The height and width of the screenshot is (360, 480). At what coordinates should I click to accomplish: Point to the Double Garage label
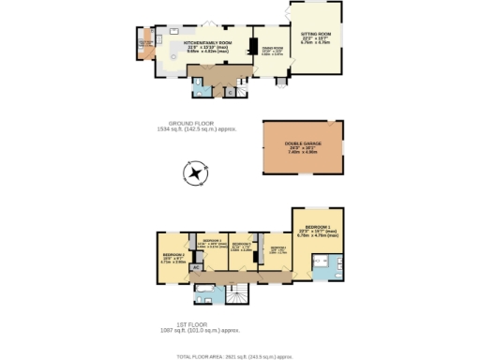pyautogui.click(x=302, y=147)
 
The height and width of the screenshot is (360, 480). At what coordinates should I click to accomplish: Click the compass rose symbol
pyautogui.click(x=194, y=172)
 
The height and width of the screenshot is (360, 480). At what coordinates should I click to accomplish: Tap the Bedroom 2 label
pyautogui.click(x=173, y=258)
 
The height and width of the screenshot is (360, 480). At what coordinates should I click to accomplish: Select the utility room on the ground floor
pyautogui.click(x=144, y=44)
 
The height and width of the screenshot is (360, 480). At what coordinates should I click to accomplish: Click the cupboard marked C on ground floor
pyautogui.click(x=230, y=91)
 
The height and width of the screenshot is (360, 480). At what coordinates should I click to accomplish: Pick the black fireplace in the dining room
pyautogui.click(x=252, y=48)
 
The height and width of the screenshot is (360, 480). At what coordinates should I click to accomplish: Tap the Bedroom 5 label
pyautogui.click(x=277, y=249)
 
